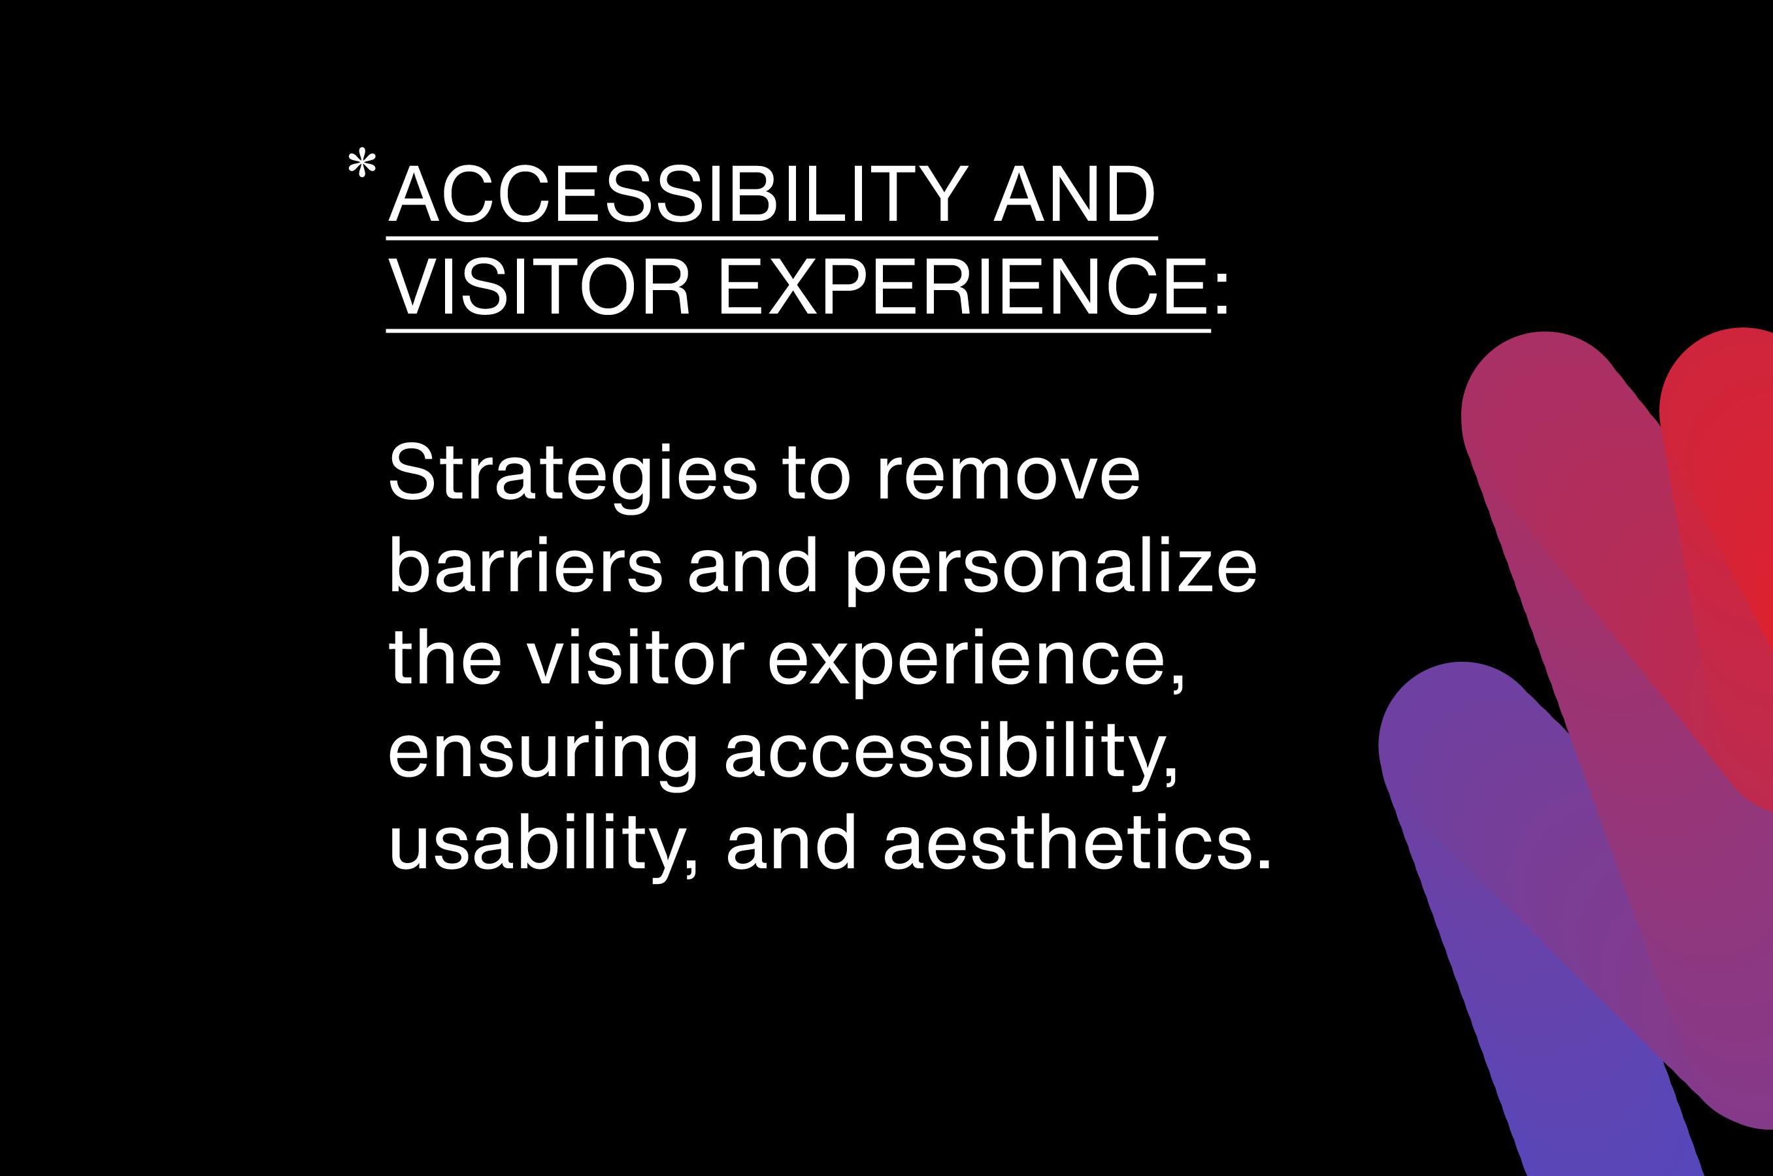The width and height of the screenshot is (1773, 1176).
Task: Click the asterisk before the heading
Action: [362, 164]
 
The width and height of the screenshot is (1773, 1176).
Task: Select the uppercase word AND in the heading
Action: [1075, 193]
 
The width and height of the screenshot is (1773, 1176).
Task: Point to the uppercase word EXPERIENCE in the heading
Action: [962, 287]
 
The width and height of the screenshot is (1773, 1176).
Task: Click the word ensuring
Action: [543, 756]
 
